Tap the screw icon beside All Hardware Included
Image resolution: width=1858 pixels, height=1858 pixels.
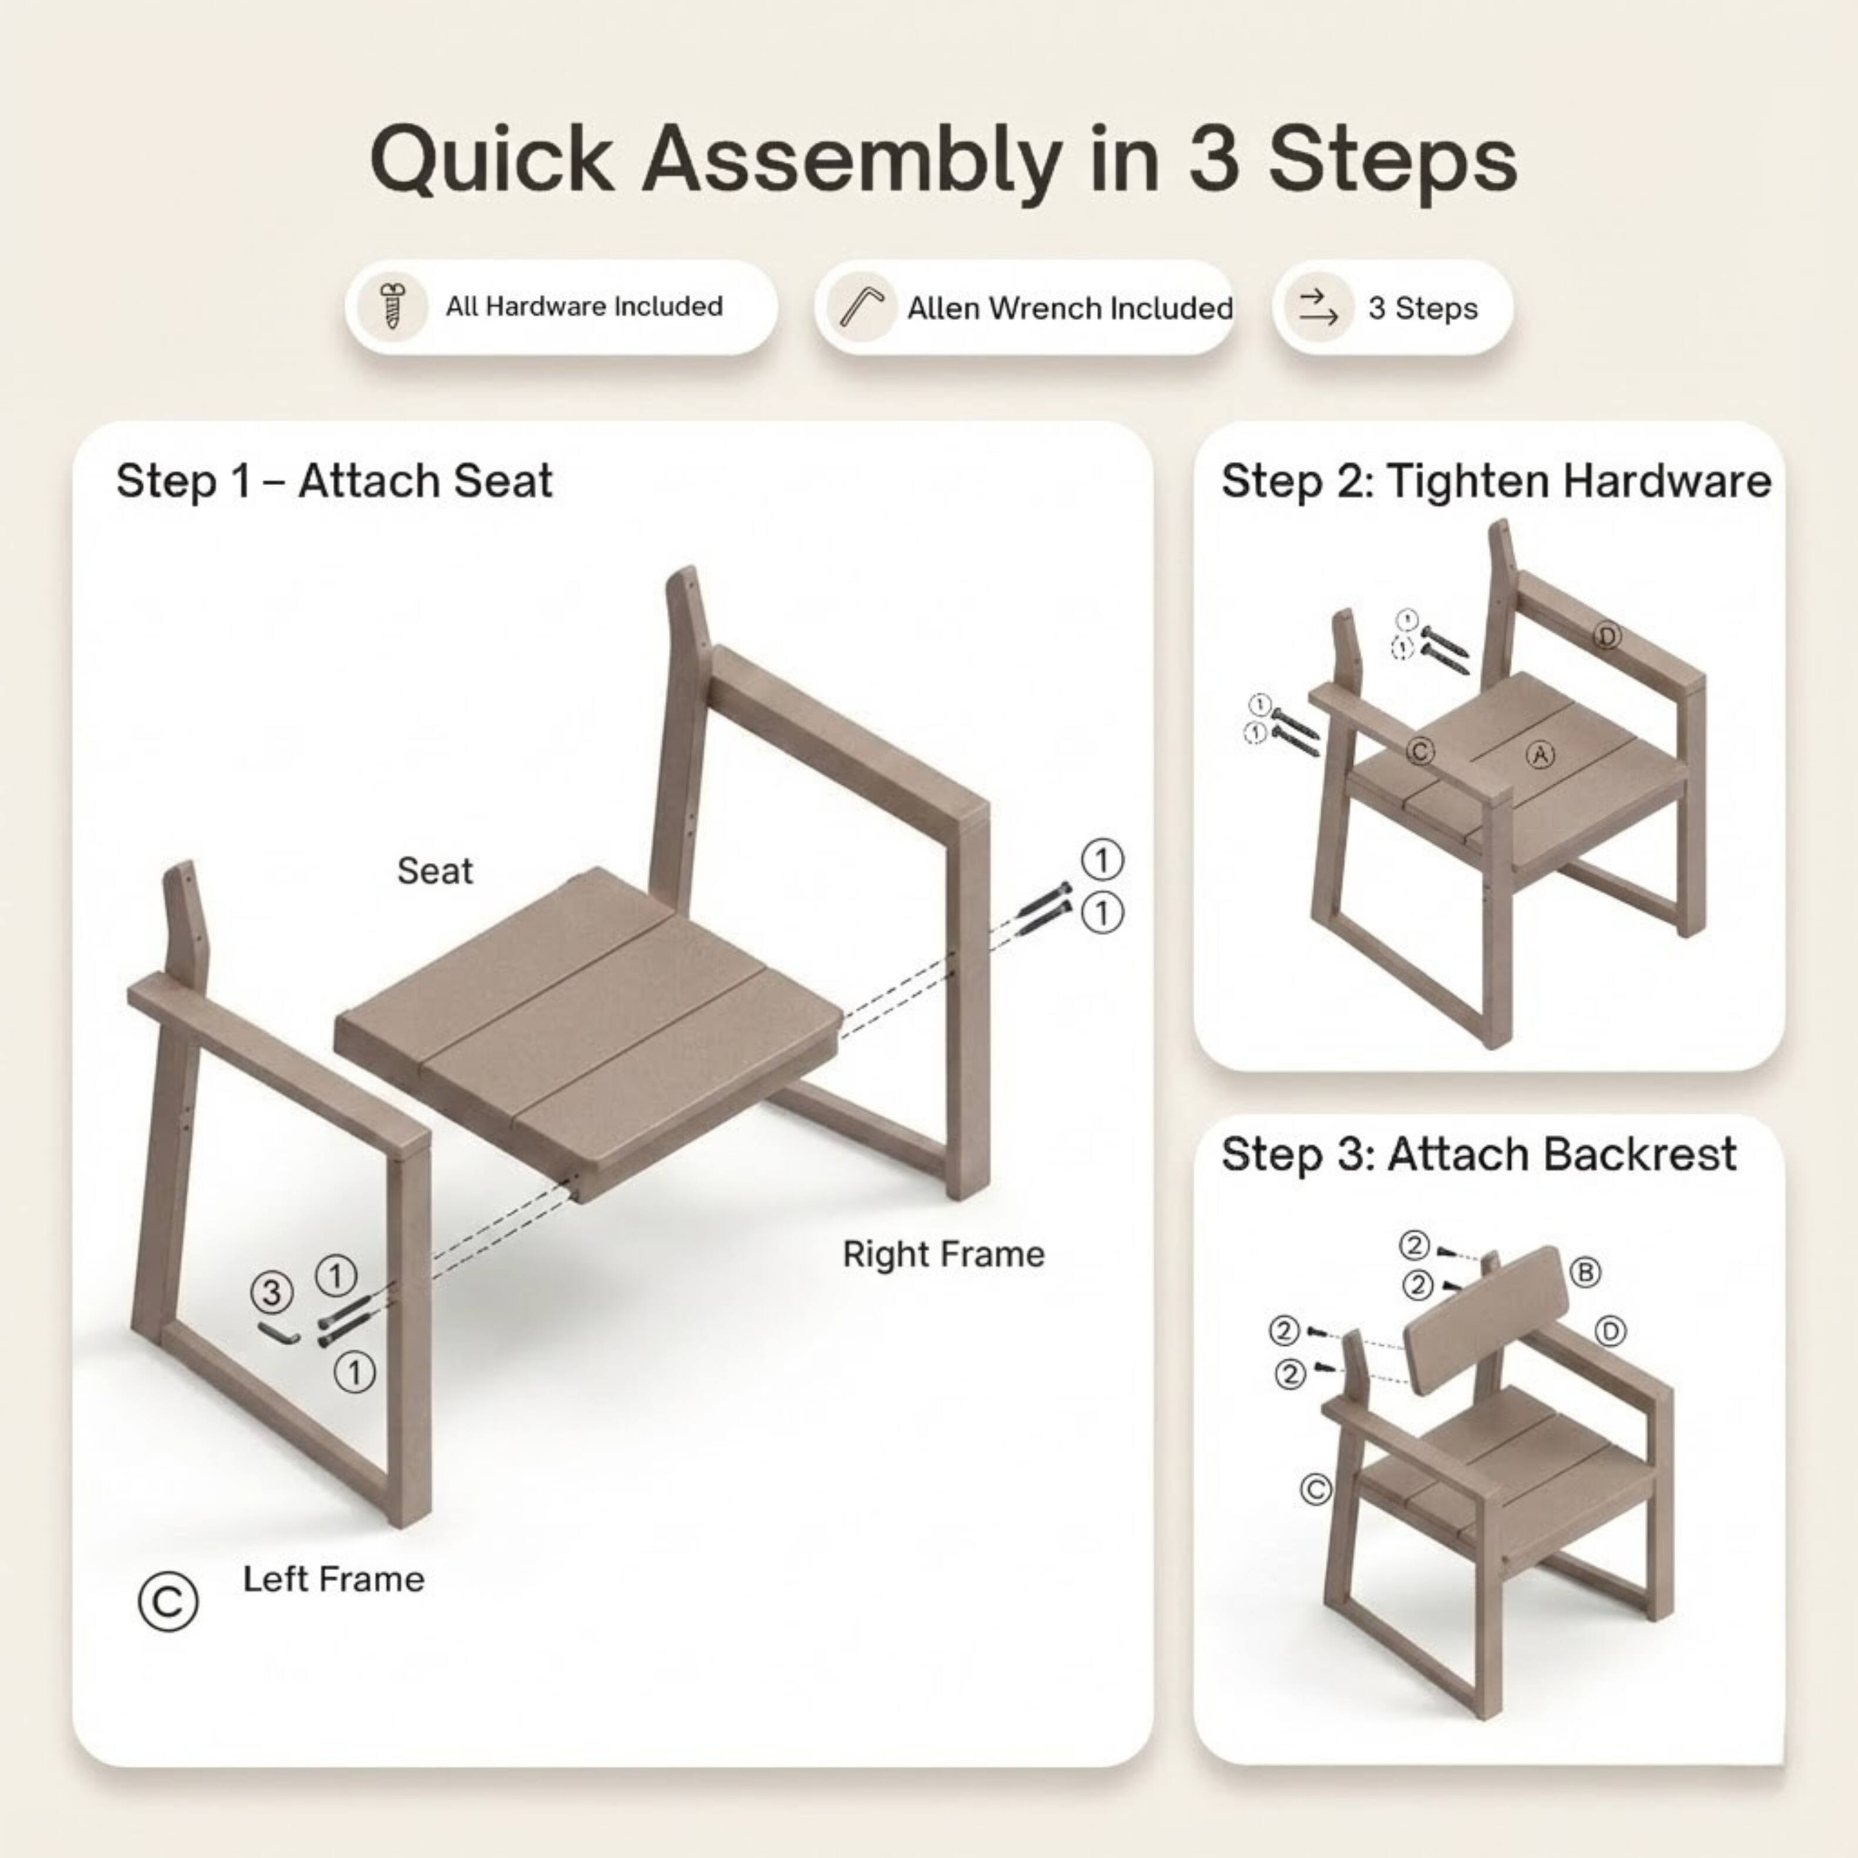point(391,307)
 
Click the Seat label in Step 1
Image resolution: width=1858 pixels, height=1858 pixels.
point(435,871)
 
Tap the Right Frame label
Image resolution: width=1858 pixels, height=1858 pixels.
point(942,1254)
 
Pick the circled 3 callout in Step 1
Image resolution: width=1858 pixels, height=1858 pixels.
point(271,1292)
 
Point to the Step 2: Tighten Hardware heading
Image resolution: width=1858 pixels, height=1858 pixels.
point(1496,481)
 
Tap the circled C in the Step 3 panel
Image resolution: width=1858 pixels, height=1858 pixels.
point(1316,1490)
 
